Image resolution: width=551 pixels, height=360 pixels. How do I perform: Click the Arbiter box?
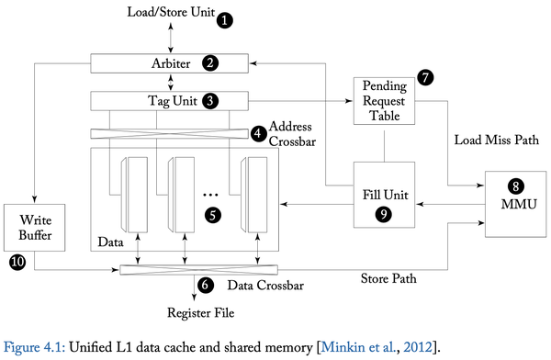(171, 62)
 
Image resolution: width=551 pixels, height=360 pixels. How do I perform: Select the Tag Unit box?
(171, 100)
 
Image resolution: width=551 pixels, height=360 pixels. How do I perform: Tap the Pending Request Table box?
(385, 102)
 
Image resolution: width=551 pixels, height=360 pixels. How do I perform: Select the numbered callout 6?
(205, 287)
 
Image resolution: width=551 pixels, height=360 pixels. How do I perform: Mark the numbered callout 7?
(423, 78)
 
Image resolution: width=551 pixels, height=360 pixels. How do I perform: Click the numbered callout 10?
(16, 263)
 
